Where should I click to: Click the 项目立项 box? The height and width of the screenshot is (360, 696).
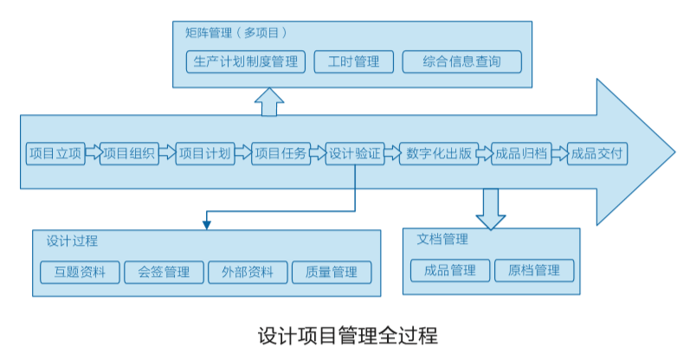click(x=55, y=154)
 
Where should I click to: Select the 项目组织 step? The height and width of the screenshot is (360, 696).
click(x=129, y=154)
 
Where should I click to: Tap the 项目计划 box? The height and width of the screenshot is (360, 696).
click(x=204, y=154)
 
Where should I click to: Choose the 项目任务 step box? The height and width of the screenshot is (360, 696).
click(x=280, y=154)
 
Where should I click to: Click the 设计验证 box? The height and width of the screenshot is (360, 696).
click(x=355, y=154)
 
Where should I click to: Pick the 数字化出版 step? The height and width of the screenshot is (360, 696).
click(x=437, y=154)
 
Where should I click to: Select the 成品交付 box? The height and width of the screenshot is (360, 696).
click(x=596, y=154)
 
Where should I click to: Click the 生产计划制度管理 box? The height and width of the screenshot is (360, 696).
click(x=246, y=61)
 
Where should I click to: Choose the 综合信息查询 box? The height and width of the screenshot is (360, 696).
click(x=462, y=61)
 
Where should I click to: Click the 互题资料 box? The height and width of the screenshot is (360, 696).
click(x=79, y=272)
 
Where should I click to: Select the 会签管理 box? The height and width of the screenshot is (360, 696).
click(x=164, y=272)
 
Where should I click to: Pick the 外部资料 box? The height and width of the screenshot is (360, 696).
click(x=248, y=272)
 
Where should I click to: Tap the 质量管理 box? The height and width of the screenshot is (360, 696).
click(x=332, y=272)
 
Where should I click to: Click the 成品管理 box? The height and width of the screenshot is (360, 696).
click(x=450, y=270)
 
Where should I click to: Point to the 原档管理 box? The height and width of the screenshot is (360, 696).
click(x=534, y=270)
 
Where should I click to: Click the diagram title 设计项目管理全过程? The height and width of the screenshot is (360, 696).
click(x=348, y=335)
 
